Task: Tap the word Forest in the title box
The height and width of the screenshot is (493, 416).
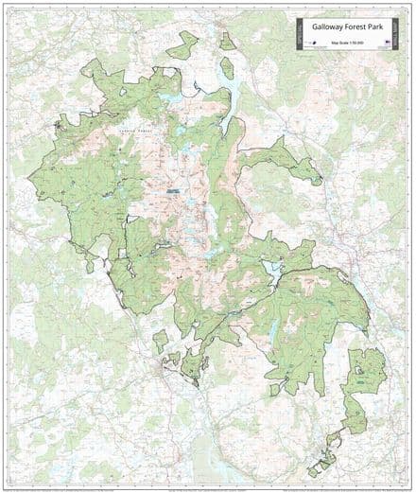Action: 355,27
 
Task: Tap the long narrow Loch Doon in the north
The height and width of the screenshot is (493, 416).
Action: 227,69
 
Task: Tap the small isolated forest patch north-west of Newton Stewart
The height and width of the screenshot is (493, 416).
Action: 161,339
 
